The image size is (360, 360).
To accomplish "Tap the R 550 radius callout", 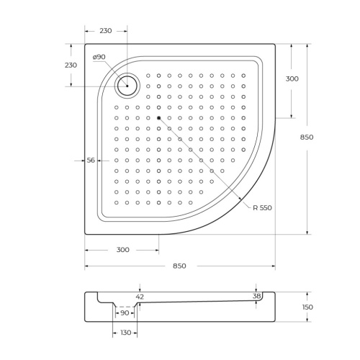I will (x=262, y=208).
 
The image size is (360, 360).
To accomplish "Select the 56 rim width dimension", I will (x=91, y=161).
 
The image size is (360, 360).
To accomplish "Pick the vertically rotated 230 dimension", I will (x=71, y=65).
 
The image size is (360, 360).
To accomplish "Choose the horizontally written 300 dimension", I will (x=122, y=250).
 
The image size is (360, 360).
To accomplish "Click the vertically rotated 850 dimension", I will (x=307, y=138).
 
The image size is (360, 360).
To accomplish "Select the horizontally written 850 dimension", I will (x=179, y=266).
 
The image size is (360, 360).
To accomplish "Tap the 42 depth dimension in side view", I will (x=140, y=296).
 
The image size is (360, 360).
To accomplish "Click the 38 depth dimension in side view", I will (x=257, y=296).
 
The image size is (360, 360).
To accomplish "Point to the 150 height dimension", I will (x=307, y=307).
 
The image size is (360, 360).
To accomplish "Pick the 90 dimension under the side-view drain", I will (x=124, y=312).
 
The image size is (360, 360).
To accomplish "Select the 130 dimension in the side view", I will (x=125, y=333).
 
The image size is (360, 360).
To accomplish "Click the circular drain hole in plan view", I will (x=127, y=86).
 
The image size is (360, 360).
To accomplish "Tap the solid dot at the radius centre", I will (x=158, y=117).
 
